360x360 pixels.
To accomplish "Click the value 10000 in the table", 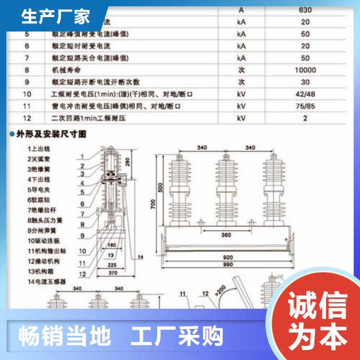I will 305,70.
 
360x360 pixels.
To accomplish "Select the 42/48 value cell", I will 305,94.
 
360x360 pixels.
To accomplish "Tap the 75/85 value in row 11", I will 305,106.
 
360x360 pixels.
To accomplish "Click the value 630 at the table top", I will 305,10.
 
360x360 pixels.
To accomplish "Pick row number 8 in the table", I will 27,70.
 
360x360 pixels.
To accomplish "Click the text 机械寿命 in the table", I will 65,70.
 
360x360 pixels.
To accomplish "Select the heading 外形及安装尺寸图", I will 50,134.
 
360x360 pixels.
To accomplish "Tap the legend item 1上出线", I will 38,148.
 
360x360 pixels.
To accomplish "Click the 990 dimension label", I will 228,265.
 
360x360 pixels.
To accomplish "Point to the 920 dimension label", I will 228,257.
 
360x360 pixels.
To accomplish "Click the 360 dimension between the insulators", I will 226,235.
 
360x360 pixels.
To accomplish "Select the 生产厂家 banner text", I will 56,17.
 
